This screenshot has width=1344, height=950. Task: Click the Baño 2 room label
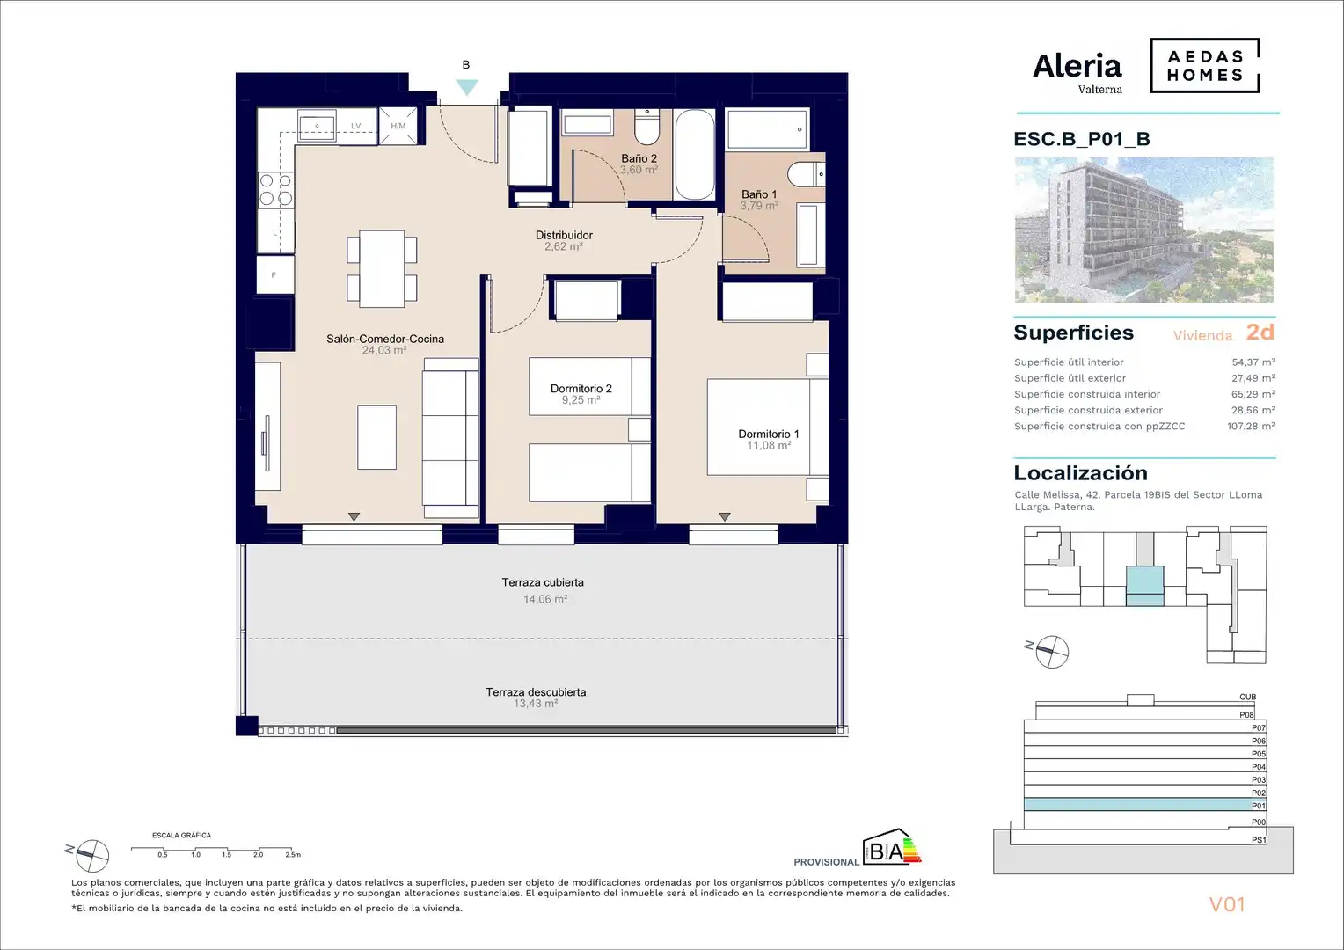[639, 158]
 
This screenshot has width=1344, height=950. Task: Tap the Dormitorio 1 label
[769, 434]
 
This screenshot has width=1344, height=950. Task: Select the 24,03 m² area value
[384, 350]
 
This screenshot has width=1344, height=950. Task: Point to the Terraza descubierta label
[536, 692]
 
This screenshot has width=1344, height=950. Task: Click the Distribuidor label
[564, 235]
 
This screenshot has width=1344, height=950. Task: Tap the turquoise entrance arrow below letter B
[467, 87]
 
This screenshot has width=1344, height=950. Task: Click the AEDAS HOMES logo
[1205, 65]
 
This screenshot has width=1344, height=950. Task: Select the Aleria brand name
[1077, 67]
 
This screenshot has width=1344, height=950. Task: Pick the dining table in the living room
[382, 269]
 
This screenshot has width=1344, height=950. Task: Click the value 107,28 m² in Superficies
[1251, 426]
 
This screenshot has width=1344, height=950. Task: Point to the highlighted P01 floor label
[1258, 806]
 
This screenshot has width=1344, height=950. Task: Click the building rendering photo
[1144, 230]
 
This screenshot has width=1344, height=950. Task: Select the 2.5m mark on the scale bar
[293, 855]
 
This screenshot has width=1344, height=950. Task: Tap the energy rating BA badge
[892, 847]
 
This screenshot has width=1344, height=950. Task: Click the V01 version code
[1226, 904]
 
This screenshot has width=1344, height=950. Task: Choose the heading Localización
[1081, 473]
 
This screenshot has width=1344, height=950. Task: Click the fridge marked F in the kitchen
[275, 274]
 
